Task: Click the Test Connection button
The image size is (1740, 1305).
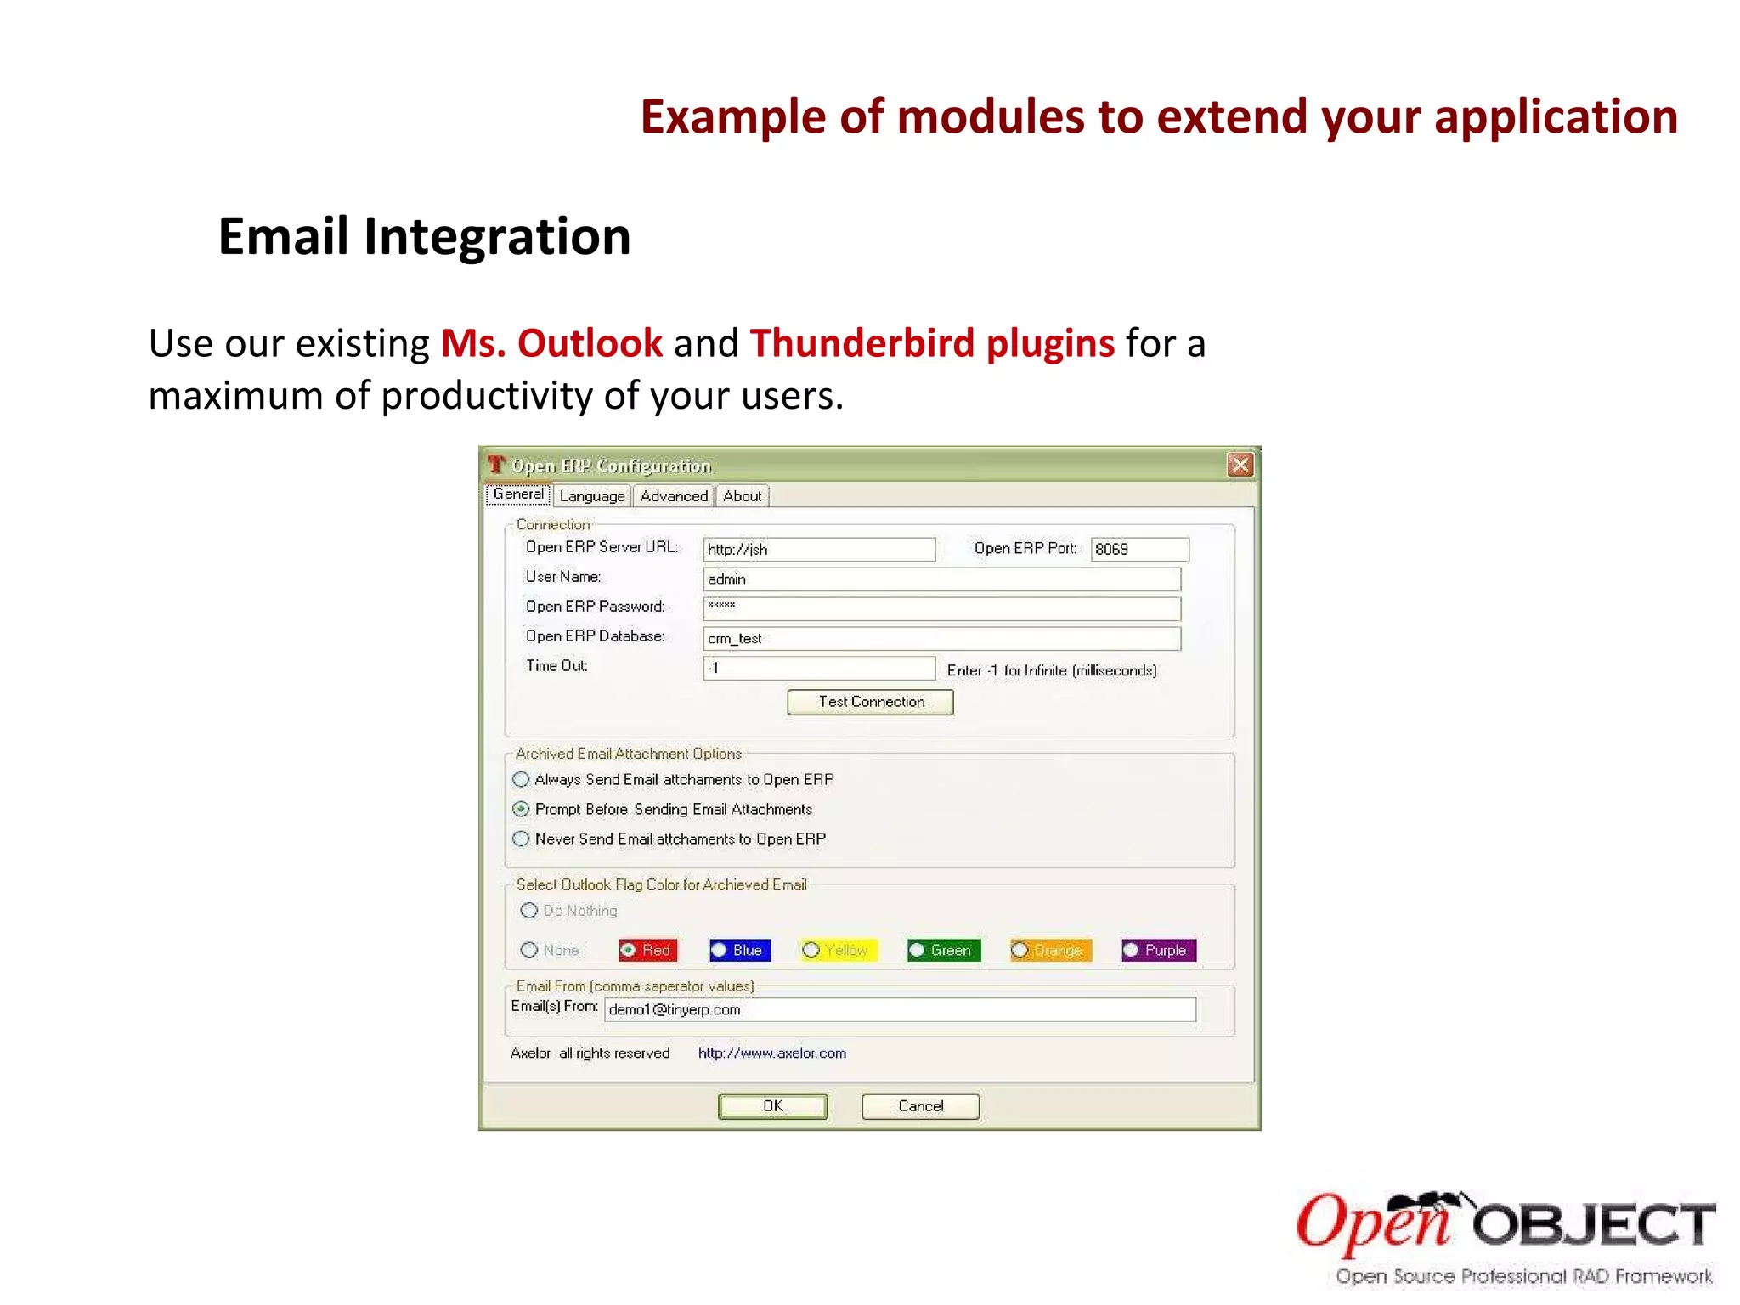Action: (x=870, y=702)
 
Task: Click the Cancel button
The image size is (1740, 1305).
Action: (x=920, y=1106)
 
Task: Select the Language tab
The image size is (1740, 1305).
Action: (x=592, y=496)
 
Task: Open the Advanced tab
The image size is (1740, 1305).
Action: (x=674, y=496)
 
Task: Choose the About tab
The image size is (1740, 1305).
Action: (x=742, y=496)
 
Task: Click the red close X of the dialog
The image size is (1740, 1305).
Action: (x=1240, y=465)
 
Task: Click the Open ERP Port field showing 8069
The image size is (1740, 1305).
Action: (x=1138, y=550)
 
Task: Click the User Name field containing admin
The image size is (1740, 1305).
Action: (x=941, y=579)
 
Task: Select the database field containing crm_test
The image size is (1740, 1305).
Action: (x=941, y=639)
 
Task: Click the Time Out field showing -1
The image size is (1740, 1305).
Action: (x=819, y=669)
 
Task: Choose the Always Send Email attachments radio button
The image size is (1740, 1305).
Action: (x=522, y=780)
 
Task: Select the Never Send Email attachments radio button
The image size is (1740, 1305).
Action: (x=522, y=839)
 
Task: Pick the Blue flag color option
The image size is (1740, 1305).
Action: (x=720, y=950)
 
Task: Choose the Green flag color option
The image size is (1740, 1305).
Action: (x=918, y=950)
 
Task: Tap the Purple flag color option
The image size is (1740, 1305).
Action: (x=1132, y=950)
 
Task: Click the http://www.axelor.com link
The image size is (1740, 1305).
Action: (x=771, y=1054)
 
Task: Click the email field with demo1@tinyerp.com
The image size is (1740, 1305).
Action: (x=899, y=1010)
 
